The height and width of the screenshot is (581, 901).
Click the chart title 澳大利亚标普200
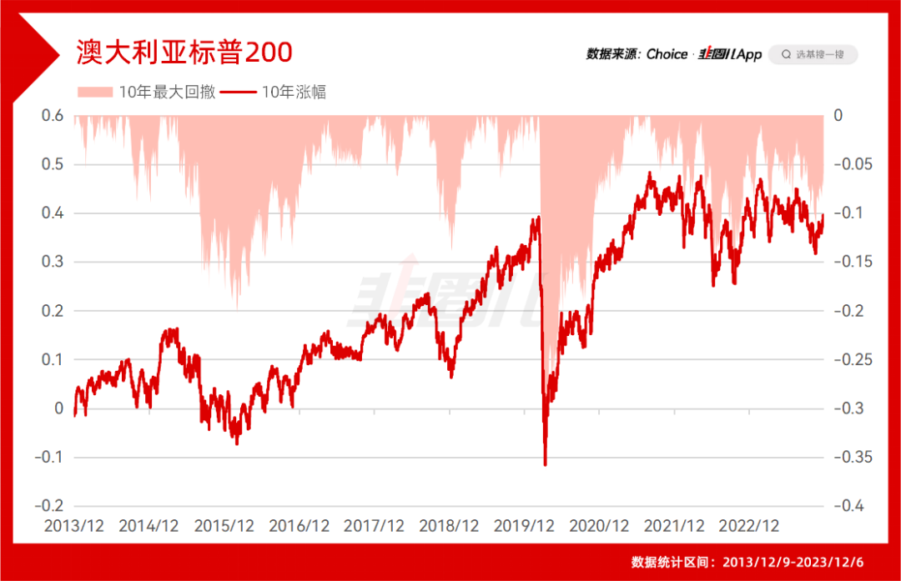(x=184, y=53)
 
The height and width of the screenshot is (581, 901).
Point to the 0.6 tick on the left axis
(x=53, y=116)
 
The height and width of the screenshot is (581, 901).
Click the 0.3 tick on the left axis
(x=53, y=262)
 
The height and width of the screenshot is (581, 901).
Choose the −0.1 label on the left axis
(x=48, y=457)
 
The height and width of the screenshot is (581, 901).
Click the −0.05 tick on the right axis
(x=853, y=164)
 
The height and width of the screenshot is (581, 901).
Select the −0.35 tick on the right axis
(x=853, y=457)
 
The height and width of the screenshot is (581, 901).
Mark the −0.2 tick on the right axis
(x=850, y=311)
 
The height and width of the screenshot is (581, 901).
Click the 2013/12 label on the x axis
(x=74, y=526)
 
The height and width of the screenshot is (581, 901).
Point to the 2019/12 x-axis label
(x=524, y=526)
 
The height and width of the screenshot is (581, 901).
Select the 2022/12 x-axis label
(x=749, y=526)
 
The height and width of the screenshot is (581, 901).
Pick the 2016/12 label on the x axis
(x=299, y=526)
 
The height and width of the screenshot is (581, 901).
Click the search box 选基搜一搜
(x=813, y=54)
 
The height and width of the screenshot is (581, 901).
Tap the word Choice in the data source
(x=667, y=54)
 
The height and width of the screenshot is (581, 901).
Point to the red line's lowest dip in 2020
(x=545, y=464)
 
